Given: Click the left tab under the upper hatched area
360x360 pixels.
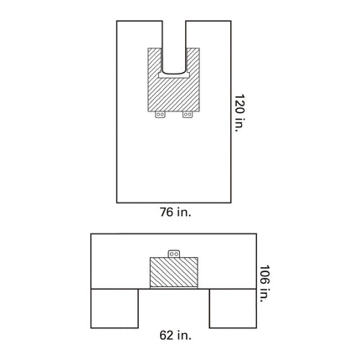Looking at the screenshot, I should (x=159, y=115).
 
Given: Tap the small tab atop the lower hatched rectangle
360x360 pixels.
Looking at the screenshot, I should (x=174, y=251).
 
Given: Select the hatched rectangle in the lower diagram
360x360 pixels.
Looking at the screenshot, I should (x=174, y=273).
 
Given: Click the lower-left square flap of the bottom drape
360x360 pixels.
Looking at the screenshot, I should (x=113, y=308).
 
